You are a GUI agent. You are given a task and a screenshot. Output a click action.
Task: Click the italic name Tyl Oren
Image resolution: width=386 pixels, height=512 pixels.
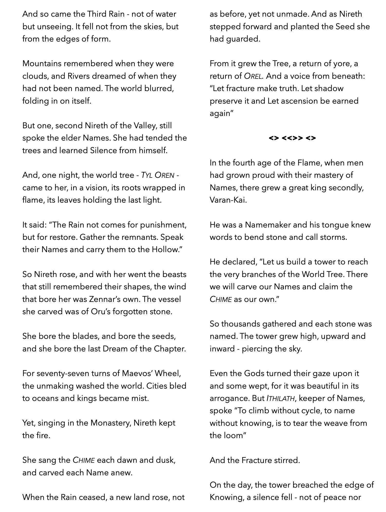click(158, 175)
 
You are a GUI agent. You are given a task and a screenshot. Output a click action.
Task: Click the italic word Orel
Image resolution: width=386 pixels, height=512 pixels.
click(253, 76)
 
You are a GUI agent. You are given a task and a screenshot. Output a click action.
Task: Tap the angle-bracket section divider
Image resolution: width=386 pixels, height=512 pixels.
click(292, 138)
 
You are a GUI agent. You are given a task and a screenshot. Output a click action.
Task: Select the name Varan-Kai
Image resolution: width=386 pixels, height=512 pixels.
click(228, 200)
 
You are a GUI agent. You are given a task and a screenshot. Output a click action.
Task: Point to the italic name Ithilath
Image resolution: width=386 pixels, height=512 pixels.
click(281, 398)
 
